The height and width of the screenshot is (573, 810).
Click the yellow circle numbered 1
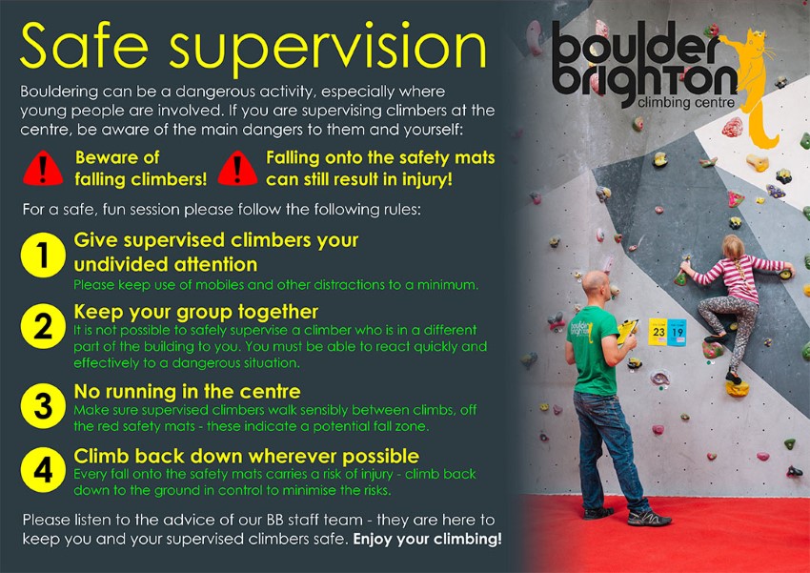43,255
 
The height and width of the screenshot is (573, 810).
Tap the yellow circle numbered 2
43,326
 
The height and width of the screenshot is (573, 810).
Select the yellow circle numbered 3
43,405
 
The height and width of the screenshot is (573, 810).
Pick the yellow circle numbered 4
43,470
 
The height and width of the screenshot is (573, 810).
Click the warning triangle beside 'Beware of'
43,169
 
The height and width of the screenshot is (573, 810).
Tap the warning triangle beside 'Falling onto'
237,169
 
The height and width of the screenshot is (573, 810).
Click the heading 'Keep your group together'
195,312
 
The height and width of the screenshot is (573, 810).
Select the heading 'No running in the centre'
187,391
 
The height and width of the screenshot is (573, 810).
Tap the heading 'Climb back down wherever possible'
247,457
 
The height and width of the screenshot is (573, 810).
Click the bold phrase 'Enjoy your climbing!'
427,540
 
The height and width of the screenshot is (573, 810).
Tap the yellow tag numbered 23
658,332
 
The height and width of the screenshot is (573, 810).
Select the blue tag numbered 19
677,332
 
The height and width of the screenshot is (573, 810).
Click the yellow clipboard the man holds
627,331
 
